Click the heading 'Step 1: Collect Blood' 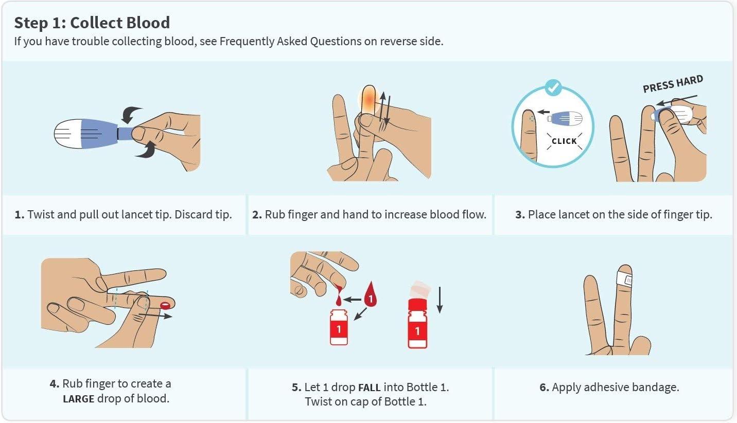(x=92, y=23)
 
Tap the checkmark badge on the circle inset (x=553, y=87)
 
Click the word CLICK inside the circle (x=564, y=141)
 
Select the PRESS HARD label (x=673, y=84)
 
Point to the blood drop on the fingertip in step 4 (x=165, y=305)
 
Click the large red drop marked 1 (x=371, y=294)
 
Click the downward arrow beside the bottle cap (x=440, y=300)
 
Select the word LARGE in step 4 (x=79, y=399)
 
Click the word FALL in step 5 (x=369, y=388)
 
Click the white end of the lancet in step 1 (x=67, y=134)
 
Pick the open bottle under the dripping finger (x=339, y=327)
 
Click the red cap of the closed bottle (x=417, y=304)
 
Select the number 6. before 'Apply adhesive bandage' (x=544, y=387)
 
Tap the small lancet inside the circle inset (x=565, y=118)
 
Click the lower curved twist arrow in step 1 (x=147, y=150)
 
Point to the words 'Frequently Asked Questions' (x=290, y=42)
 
